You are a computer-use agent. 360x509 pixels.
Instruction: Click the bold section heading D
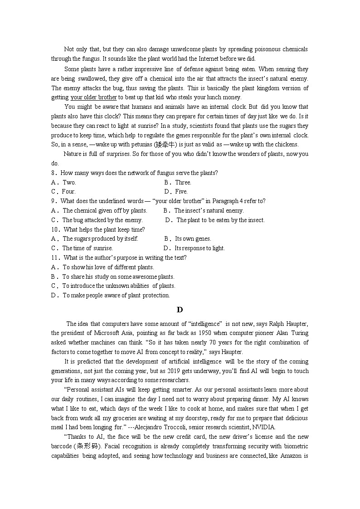tap(180, 310)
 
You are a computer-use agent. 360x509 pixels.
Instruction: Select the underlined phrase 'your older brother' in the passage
tap(94, 97)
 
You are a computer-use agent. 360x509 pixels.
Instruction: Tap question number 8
tap(54, 173)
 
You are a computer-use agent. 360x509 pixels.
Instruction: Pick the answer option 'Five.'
tap(181, 192)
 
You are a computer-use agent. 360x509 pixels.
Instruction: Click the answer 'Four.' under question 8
tap(68, 192)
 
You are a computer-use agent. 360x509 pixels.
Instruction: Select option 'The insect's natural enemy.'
tap(209, 210)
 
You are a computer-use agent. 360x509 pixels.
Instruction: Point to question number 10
tap(55, 229)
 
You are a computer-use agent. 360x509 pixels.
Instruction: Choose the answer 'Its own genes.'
tap(193, 239)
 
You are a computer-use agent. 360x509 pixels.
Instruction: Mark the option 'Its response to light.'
tap(199, 248)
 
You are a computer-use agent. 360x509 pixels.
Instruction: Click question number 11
tap(55, 258)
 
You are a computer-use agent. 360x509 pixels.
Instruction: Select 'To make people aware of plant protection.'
tap(116, 296)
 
